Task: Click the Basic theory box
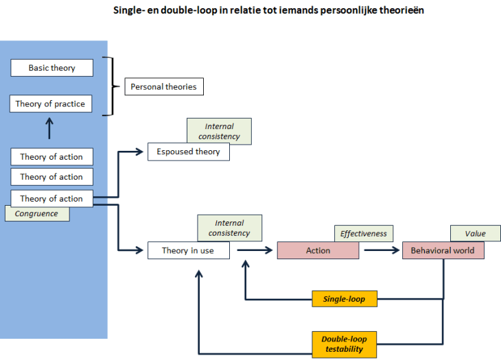pos(51,68)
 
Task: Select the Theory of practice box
pos(51,104)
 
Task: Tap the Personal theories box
pos(163,86)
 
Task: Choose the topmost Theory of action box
pos(51,157)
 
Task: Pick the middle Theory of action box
pos(51,177)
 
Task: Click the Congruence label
pos(37,214)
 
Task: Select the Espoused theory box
pos(188,152)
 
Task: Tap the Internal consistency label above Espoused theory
pos(219,131)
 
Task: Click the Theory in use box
pos(188,250)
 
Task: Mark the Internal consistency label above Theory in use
pos(229,228)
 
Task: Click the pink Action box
pos(318,250)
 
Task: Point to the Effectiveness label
pos(363,233)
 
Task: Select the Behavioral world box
pos(443,250)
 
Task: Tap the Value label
pos(475,233)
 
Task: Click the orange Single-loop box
pos(344,299)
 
